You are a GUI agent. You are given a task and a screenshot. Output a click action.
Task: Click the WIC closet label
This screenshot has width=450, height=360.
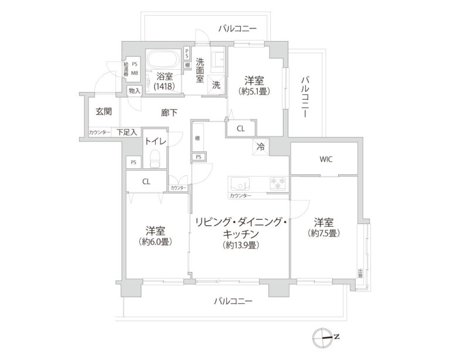click(326, 159)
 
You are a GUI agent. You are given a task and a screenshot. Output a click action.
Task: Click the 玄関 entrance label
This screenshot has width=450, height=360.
click(104, 111)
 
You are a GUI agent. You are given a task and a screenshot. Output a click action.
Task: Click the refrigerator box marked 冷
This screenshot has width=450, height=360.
click(261, 147)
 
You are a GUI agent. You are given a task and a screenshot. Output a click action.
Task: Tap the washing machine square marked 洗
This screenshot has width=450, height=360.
click(216, 84)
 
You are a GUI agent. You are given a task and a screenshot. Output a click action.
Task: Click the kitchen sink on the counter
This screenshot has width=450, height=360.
click(240, 182)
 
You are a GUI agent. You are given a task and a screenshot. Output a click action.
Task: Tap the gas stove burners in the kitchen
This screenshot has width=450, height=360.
click(278, 182)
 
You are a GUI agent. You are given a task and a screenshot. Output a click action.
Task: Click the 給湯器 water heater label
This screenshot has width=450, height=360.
click(125, 69)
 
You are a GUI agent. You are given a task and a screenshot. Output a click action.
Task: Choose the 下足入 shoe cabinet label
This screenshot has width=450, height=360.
click(126, 133)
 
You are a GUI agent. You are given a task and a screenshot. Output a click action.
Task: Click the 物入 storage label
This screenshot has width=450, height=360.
click(135, 91)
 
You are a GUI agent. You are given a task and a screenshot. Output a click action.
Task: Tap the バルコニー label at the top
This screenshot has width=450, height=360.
click(237, 28)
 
